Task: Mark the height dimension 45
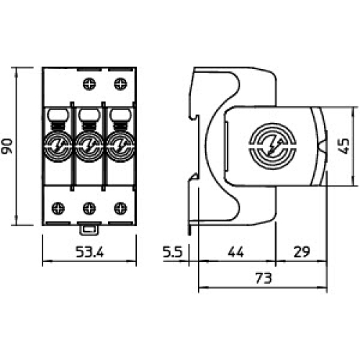[x=345, y=147]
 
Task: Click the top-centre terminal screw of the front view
[x=89, y=84]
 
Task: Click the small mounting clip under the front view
[x=89, y=230]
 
